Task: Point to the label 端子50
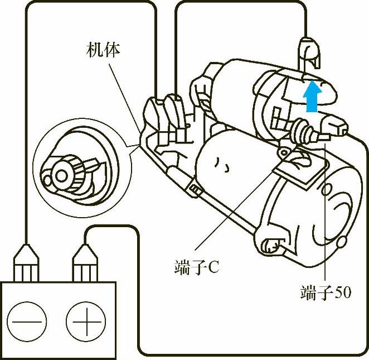tap(325, 292)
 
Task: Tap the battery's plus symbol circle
tap(85, 321)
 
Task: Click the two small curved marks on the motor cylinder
tap(224, 165)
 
